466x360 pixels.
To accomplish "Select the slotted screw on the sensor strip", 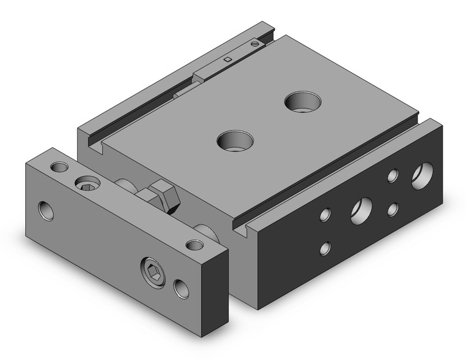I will [256, 44].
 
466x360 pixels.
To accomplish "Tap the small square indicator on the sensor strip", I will [227, 59].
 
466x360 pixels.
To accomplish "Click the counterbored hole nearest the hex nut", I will [235, 140].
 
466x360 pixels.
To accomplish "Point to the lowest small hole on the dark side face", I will [326, 248].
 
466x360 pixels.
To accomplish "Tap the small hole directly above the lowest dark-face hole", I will [326, 215].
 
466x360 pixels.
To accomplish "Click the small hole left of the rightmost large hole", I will [392, 176].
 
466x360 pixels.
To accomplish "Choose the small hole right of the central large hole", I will [392, 209].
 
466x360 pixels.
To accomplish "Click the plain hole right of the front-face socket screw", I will [181, 288].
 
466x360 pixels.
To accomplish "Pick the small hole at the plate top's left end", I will [59, 167].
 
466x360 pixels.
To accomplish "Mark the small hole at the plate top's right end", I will [194, 245].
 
